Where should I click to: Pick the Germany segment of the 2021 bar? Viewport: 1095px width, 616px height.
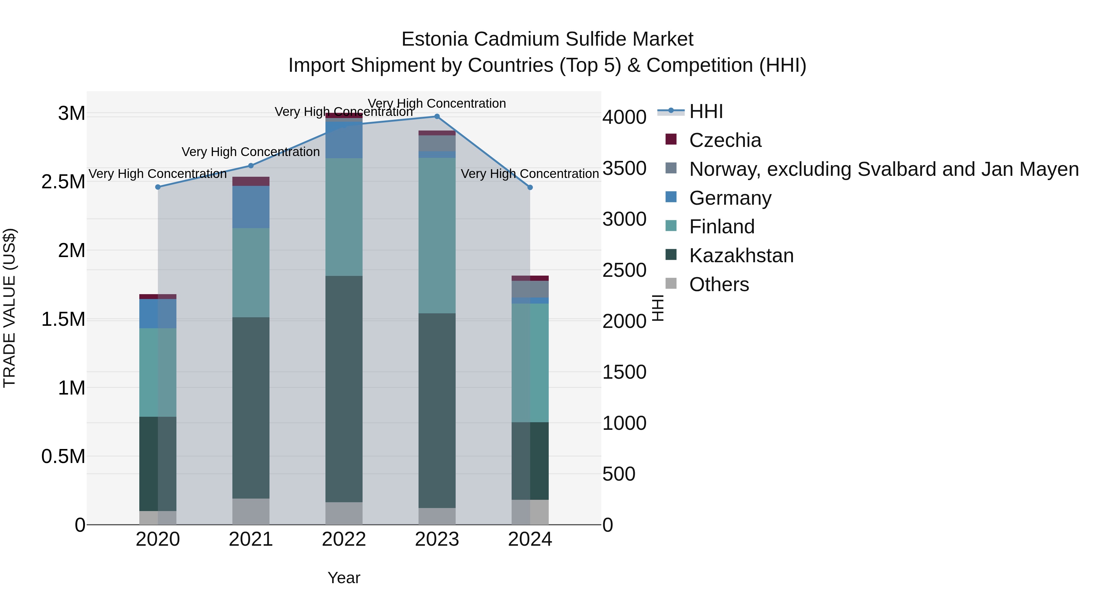click(251, 207)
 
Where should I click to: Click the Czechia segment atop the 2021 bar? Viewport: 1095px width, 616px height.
click(251, 182)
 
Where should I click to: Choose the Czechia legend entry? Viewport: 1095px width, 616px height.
click(725, 140)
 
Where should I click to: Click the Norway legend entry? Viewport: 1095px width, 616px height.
click(883, 169)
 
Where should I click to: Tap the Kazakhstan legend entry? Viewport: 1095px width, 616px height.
click(741, 256)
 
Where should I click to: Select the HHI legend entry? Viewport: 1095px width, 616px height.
click(706, 111)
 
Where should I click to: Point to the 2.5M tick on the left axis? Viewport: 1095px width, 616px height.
click(63, 182)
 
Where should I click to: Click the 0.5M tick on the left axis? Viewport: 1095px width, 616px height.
click(63, 457)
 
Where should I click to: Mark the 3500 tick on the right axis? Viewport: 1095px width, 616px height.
click(624, 168)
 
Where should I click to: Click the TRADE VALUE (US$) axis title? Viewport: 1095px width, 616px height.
click(9, 308)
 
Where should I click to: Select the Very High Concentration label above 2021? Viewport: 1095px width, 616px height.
click(251, 152)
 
